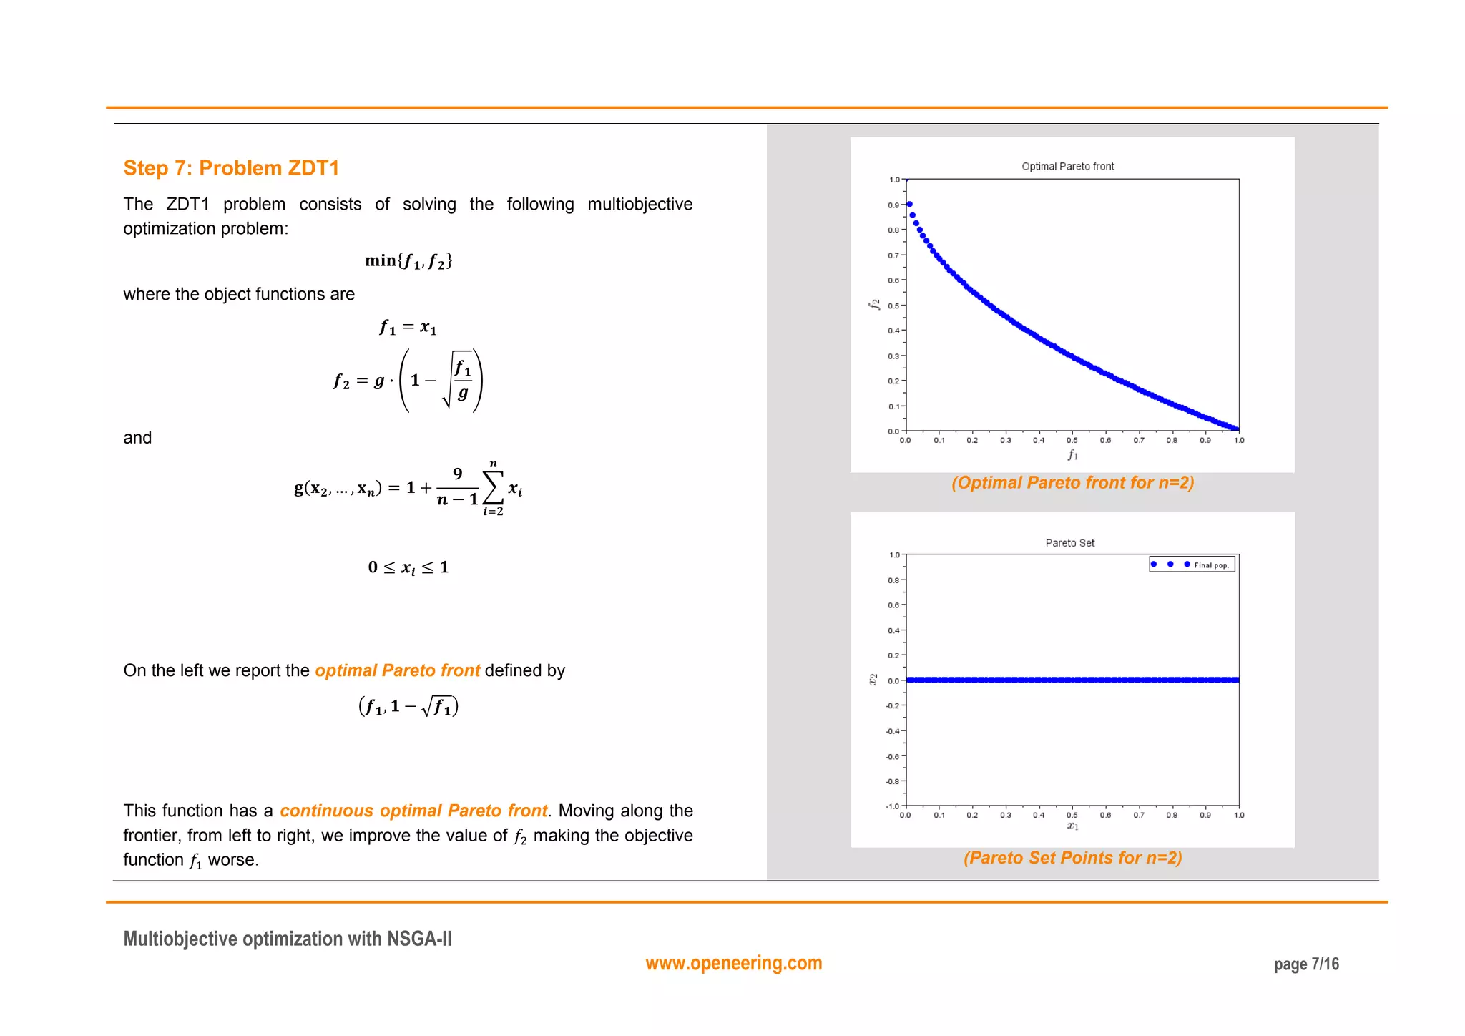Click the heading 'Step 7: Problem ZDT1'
(231, 168)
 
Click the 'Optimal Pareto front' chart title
(1067, 167)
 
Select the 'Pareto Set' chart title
(1069, 543)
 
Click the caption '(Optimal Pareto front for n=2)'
(1072, 483)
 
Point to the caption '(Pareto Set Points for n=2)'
(1072, 858)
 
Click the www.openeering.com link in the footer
(733, 963)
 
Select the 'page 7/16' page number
(1306, 964)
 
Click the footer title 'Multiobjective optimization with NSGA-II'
(288, 939)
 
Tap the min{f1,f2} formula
(408, 261)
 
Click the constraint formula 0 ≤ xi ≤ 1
(408, 567)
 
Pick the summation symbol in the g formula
(493, 488)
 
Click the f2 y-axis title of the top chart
(873, 304)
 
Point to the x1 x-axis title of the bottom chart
(1072, 826)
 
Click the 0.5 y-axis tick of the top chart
(893, 306)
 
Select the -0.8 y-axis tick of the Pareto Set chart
(893, 781)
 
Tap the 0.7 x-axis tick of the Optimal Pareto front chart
(1138, 441)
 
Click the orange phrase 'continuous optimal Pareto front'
(413, 811)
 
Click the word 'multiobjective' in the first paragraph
(640, 205)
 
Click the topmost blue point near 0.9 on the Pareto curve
(909, 205)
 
